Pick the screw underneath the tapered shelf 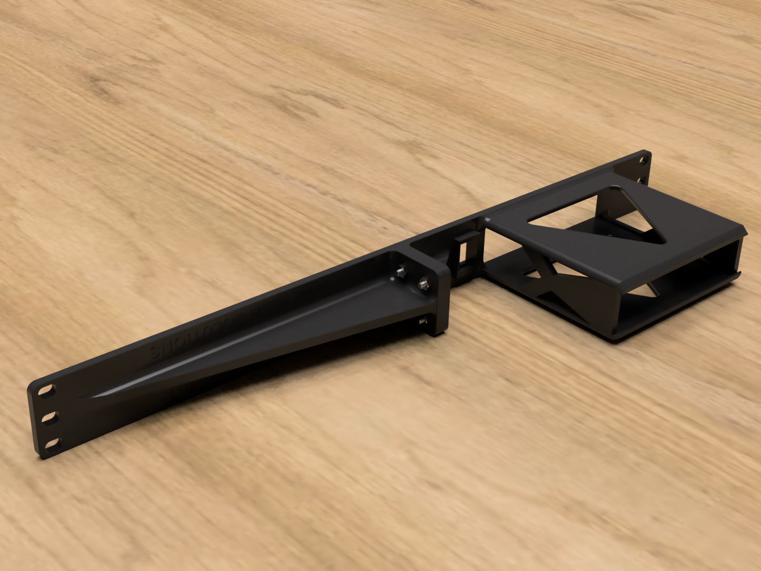[423, 320]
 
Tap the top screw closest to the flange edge [422, 285]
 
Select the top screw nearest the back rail [401, 271]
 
